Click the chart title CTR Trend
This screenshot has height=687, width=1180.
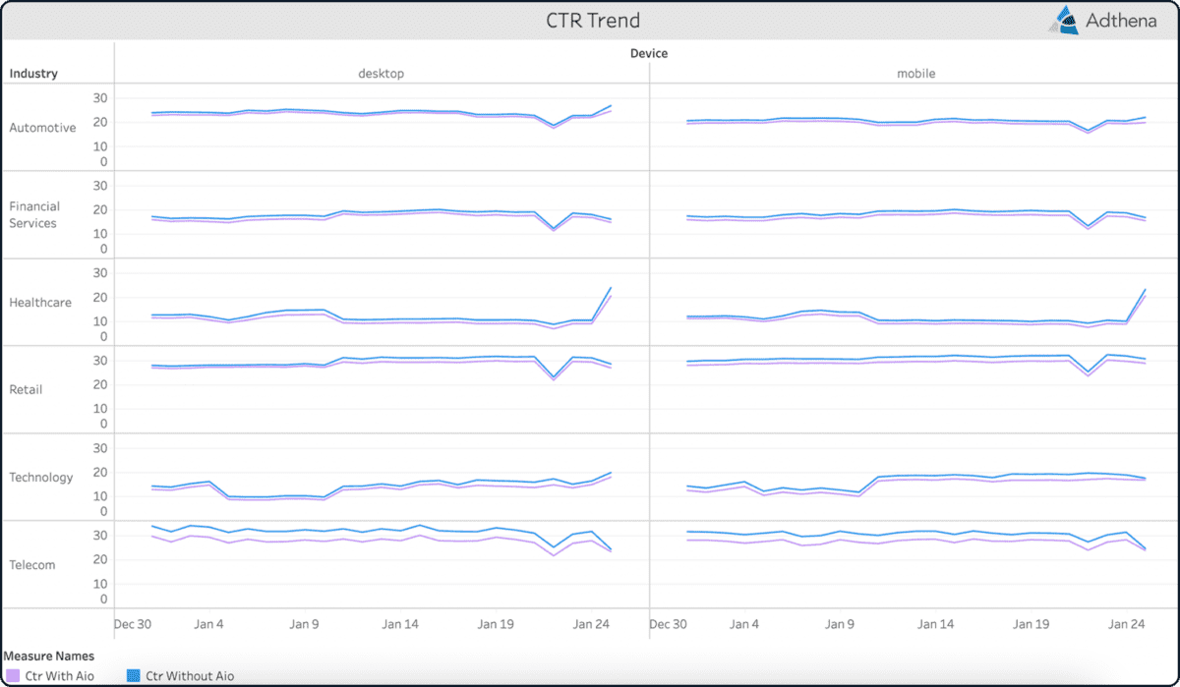point(593,21)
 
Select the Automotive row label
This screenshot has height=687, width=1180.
point(42,128)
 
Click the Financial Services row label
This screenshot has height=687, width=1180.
point(34,214)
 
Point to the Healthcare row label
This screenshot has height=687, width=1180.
point(40,303)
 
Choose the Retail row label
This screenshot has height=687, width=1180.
point(27,389)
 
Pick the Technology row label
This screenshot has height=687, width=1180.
point(41,477)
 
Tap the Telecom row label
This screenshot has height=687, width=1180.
point(32,565)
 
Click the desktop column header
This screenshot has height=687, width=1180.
point(381,74)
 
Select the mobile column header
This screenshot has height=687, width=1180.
point(915,74)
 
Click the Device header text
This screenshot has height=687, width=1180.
point(648,54)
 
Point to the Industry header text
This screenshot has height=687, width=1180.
point(33,74)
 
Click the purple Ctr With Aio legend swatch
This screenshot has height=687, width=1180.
point(13,676)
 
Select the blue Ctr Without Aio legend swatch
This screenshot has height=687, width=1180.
point(135,676)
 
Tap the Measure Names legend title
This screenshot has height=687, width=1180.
point(49,656)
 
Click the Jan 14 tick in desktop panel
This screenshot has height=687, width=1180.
point(400,624)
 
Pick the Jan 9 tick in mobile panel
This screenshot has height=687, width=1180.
point(839,624)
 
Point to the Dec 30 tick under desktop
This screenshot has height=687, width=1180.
point(132,624)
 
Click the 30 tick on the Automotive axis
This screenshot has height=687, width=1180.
point(100,98)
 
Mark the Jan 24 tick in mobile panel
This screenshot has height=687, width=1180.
point(1127,624)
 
